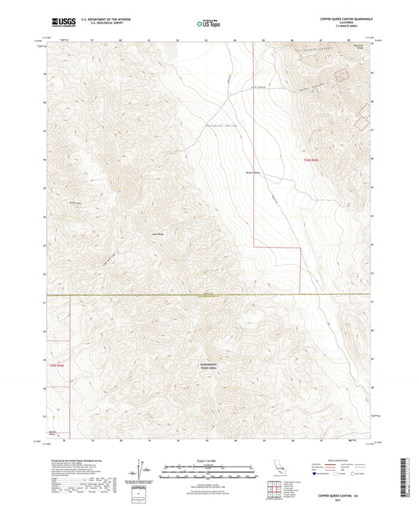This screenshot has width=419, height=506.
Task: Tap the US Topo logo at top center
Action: [208, 24]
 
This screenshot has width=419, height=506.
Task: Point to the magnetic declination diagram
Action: [141, 471]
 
